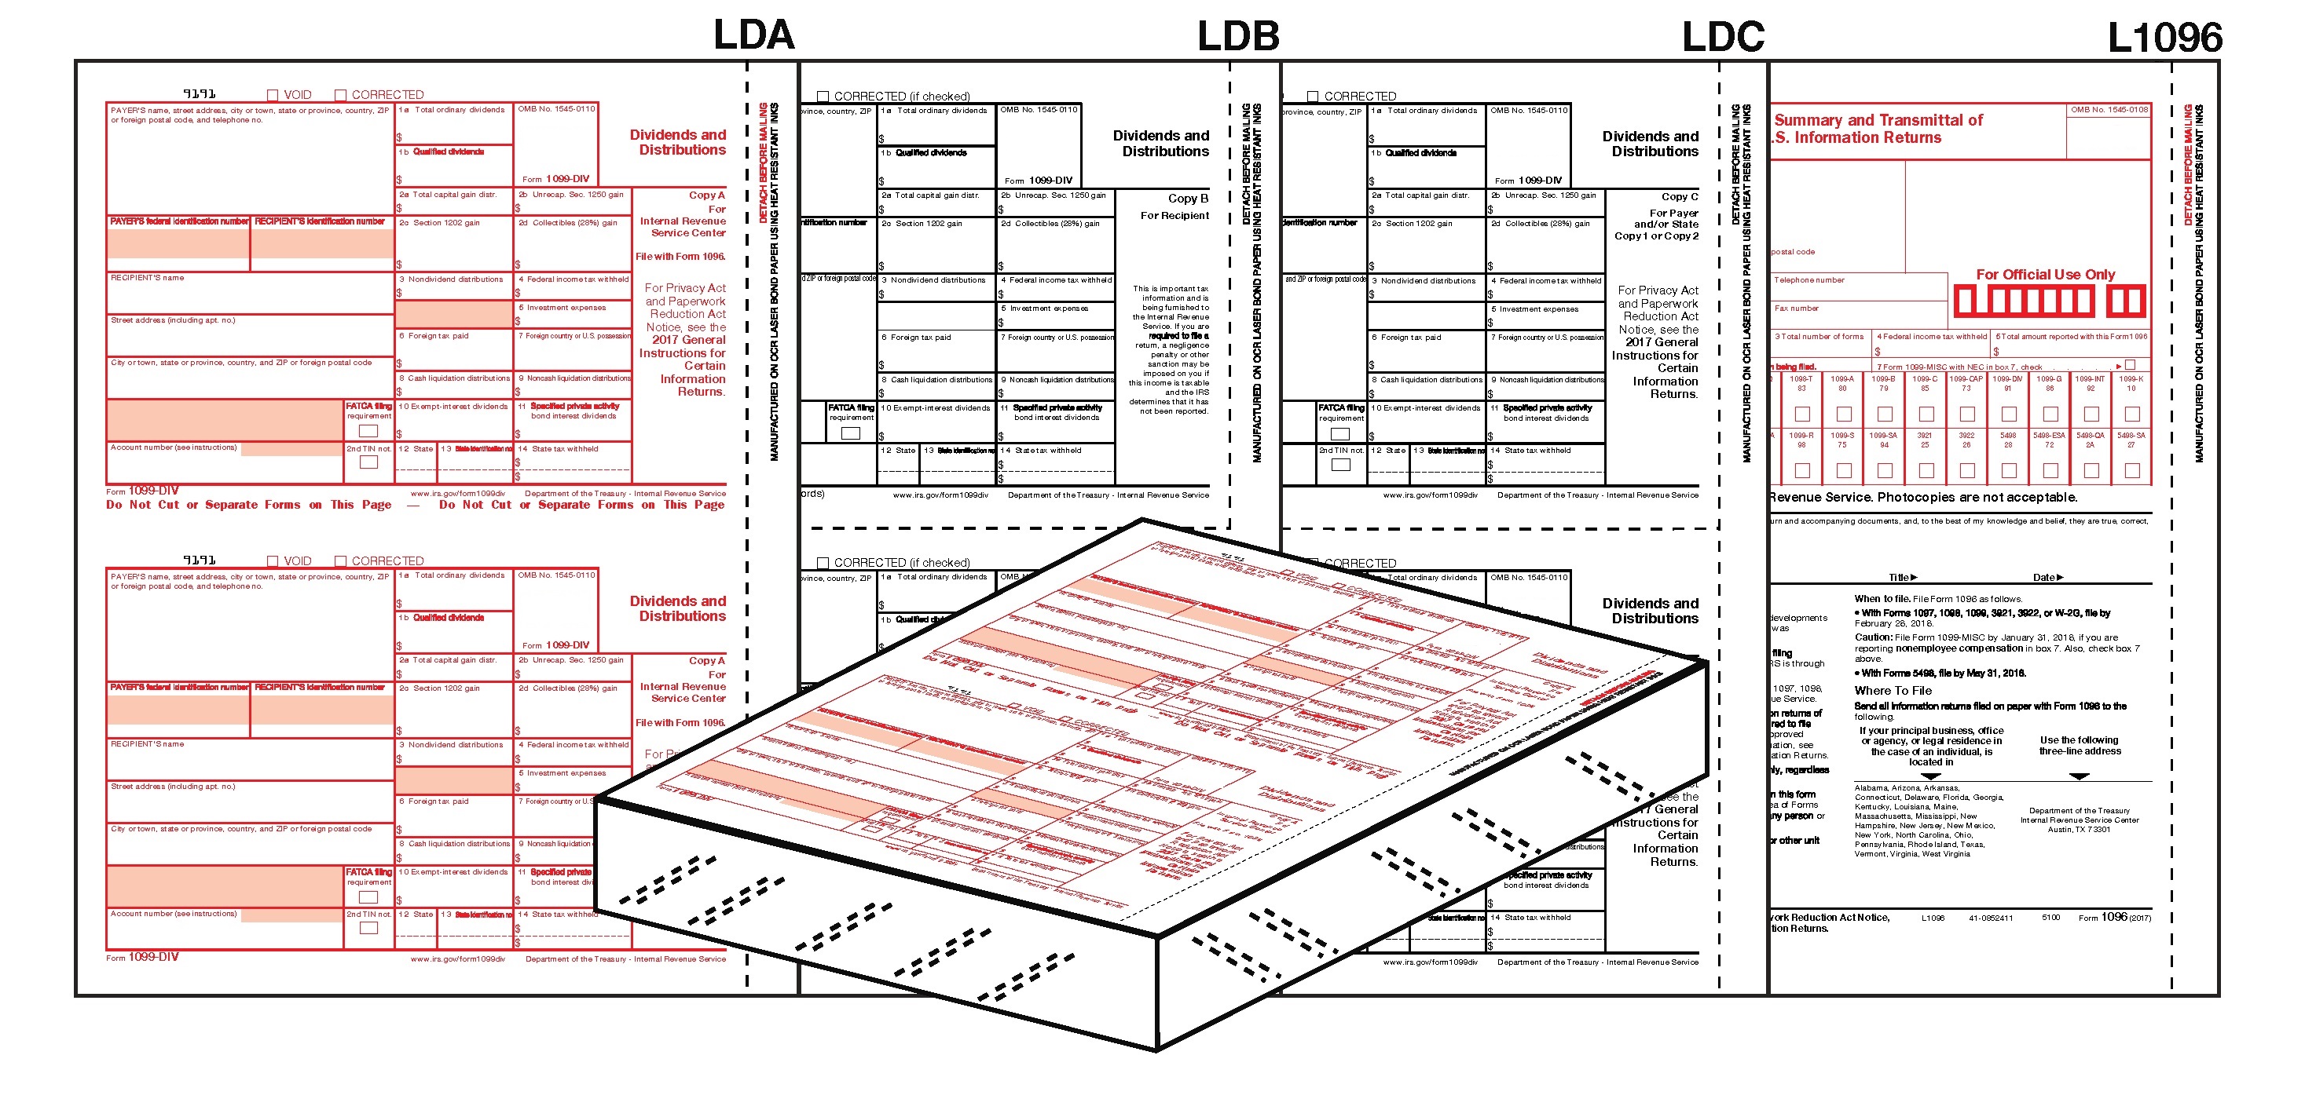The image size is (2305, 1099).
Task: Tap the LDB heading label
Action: coord(1238,37)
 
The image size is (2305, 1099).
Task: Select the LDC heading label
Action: coord(1723,37)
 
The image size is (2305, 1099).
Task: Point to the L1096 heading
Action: coord(2164,38)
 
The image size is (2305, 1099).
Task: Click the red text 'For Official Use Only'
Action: coord(2046,275)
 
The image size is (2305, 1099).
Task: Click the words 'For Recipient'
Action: coord(1174,216)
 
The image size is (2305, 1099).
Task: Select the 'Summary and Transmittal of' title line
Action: coord(1878,120)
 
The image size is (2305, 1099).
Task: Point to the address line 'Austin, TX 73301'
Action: coord(2079,829)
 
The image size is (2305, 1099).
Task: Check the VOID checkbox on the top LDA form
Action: coord(273,95)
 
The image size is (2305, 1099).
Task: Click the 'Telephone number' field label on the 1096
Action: coord(1809,280)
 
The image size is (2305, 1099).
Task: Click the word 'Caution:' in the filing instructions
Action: coord(1873,637)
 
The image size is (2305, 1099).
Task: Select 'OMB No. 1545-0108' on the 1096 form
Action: coord(2108,110)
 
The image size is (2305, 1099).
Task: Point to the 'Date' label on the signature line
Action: coord(2043,578)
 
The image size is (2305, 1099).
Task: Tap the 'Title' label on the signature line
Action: coord(1899,578)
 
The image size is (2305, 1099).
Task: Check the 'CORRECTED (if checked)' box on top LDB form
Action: coord(823,97)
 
